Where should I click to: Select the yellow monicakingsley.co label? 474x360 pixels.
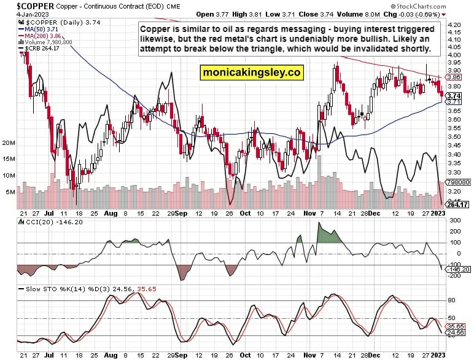252,72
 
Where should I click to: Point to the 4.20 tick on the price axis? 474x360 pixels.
455,24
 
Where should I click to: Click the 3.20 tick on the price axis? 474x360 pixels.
455,191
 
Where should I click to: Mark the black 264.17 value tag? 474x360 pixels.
457,205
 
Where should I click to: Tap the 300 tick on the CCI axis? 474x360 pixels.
454,221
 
